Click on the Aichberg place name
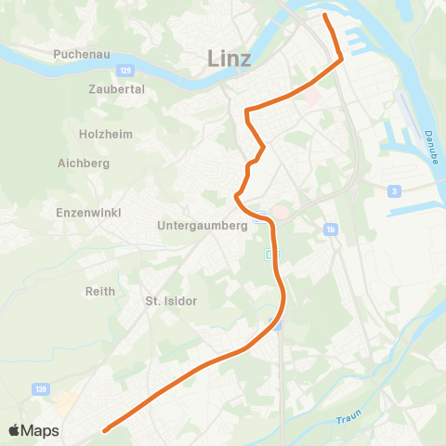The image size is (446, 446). (x=84, y=164)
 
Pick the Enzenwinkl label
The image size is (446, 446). (x=85, y=213)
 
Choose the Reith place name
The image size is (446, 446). (x=99, y=291)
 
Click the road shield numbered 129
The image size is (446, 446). (x=125, y=70)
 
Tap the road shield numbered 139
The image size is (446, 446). (x=40, y=388)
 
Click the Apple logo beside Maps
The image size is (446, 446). (x=14, y=430)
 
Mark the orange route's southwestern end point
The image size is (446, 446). (x=106, y=429)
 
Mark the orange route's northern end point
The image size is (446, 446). (x=325, y=16)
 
